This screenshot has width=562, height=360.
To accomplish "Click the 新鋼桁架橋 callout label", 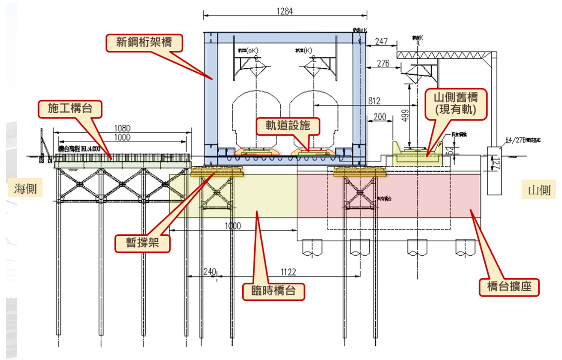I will coord(144,42).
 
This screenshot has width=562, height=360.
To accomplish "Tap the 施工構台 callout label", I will coord(70,109).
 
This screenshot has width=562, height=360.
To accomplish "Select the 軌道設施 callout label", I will coord(288,126).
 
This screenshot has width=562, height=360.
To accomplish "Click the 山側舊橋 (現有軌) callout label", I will coord(455,104).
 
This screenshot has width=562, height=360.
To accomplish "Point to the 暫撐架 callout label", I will coord(142,243).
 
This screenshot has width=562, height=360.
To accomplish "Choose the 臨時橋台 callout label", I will coord(273,291).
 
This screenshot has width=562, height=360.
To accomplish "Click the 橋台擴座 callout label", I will coord(509,287).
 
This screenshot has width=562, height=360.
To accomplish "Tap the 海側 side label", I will coord(25,188).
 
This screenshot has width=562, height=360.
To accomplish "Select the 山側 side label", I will coord(539,190).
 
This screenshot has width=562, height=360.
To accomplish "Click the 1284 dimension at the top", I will coord(284,11).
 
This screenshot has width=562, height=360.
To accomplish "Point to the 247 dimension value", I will coord(381,41).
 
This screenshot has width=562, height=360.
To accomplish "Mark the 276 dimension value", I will coord(383,63).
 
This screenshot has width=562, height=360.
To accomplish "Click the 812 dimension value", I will coord(374,101).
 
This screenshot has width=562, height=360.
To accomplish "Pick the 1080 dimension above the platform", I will coord(122,128).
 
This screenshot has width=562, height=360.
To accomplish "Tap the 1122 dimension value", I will coord(288,272).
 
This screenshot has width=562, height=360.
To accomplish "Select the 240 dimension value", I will coord(210,271).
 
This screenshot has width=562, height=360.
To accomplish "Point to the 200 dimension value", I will coord(380,117).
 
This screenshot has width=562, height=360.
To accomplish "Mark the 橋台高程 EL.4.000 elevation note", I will coord(79,149).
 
